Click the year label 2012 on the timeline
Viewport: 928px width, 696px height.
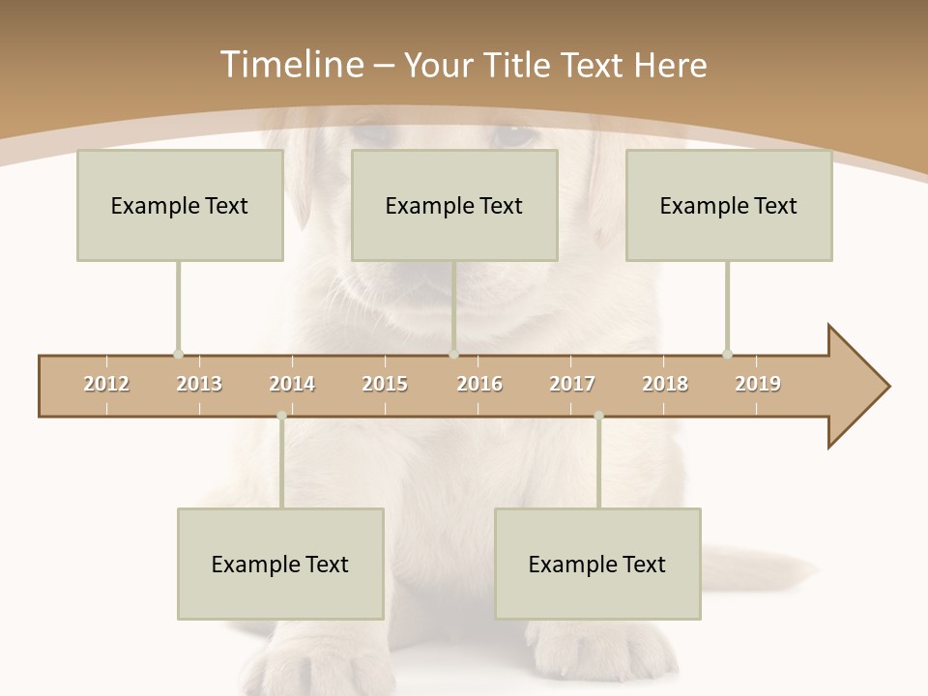point(106,384)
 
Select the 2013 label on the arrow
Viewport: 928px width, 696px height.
point(199,384)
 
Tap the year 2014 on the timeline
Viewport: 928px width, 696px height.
point(292,384)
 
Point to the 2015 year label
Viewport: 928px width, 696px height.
point(385,384)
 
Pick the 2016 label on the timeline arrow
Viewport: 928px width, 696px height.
point(479,384)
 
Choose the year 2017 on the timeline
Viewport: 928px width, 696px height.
point(572,384)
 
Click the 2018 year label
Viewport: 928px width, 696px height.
point(665,384)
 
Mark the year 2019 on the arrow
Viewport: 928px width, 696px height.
point(758,384)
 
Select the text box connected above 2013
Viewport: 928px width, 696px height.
point(180,205)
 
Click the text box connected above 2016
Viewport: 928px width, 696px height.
point(454,205)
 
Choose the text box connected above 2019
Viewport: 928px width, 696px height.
point(729,205)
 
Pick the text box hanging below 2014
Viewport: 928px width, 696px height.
point(280,564)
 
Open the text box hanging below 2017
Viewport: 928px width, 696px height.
point(597,564)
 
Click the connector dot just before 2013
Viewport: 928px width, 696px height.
point(178,354)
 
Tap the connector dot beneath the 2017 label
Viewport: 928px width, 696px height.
point(598,416)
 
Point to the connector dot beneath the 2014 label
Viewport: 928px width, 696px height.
point(281,416)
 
